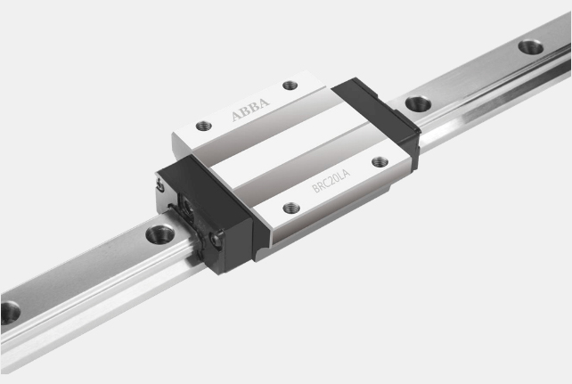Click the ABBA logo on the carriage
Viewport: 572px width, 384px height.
pyautogui.click(x=250, y=109)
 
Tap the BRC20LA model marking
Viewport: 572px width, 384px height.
pyautogui.click(x=331, y=181)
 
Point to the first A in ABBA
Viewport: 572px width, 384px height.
pyautogui.click(x=236, y=117)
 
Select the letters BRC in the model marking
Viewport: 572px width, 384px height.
pyautogui.click(x=320, y=185)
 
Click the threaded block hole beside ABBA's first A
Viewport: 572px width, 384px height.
pyautogui.click(x=204, y=127)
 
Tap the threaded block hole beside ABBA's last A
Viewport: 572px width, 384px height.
pyautogui.click(x=290, y=86)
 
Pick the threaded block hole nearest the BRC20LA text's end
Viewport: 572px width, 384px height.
pyautogui.click(x=380, y=161)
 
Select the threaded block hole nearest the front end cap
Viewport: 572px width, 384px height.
pyautogui.click(x=291, y=208)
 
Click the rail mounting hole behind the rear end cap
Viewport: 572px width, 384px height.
pyautogui.click(x=418, y=103)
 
